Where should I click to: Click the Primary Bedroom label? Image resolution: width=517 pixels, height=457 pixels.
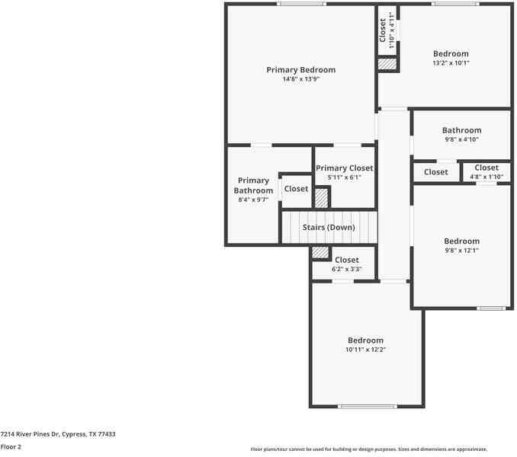pyautogui.click(x=300, y=70)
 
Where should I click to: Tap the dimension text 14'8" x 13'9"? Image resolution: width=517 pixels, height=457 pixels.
pyautogui.click(x=300, y=79)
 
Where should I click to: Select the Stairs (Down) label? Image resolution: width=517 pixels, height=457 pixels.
pyautogui.click(x=329, y=227)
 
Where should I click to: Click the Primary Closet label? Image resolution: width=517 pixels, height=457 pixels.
pyautogui.click(x=344, y=168)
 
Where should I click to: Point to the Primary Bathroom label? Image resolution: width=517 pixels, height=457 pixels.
pyautogui.click(x=253, y=186)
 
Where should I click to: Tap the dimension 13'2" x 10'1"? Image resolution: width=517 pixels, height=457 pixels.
pyautogui.click(x=451, y=63)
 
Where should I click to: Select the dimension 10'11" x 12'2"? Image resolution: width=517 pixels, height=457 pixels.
pyautogui.click(x=365, y=350)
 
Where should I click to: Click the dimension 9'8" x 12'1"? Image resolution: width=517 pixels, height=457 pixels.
pyautogui.click(x=461, y=251)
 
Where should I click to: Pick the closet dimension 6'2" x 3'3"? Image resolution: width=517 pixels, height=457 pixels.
pyautogui.click(x=346, y=269)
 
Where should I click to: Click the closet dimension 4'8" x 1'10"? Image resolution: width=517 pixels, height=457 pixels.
pyautogui.click(x=486, y=177)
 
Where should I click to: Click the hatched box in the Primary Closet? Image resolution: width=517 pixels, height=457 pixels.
pyautogui.click(x=322, y=197)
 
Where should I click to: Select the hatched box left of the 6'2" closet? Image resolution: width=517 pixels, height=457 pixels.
pyautogui.click(x=321, y=252)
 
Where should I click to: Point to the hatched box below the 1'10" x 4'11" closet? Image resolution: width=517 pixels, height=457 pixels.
pyautogui.click(x=387, y=65)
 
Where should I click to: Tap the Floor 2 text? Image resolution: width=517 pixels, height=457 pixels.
pyautogui.click(x=11, y=446)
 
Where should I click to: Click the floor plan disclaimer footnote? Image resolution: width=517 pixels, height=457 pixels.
pyautogui.click(x=369, y=449)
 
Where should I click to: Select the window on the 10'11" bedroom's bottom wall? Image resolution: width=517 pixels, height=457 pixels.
pyautogui.click(x=368, y=406)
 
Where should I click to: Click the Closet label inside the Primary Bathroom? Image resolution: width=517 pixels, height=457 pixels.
pyautogui.click(x=296, y=189)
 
